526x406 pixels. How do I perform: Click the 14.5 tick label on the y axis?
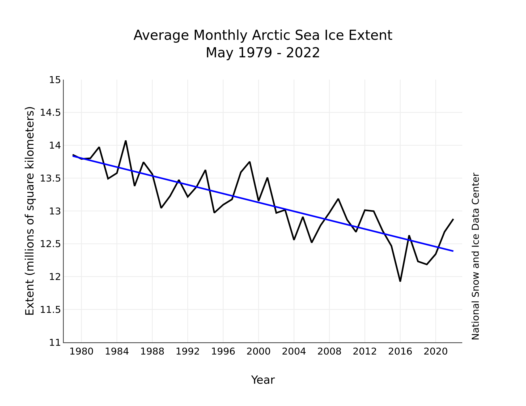50,113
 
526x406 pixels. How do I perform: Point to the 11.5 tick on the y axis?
50,310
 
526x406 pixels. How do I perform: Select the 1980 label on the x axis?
81,352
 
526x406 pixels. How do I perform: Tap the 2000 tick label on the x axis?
258,352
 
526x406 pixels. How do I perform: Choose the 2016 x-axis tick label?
400,352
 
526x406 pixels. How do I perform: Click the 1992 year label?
188,352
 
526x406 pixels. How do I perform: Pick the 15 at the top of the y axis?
55,80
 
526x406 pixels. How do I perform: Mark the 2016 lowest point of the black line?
400,281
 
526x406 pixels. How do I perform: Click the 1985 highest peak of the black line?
126,141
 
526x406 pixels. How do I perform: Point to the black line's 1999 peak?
250,162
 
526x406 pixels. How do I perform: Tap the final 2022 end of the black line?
453,219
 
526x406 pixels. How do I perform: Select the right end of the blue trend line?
453,251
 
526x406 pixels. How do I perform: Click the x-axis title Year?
263,380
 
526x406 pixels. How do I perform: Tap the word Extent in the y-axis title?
30,303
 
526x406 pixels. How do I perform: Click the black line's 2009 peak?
338,199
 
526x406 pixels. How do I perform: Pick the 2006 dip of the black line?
312,242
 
